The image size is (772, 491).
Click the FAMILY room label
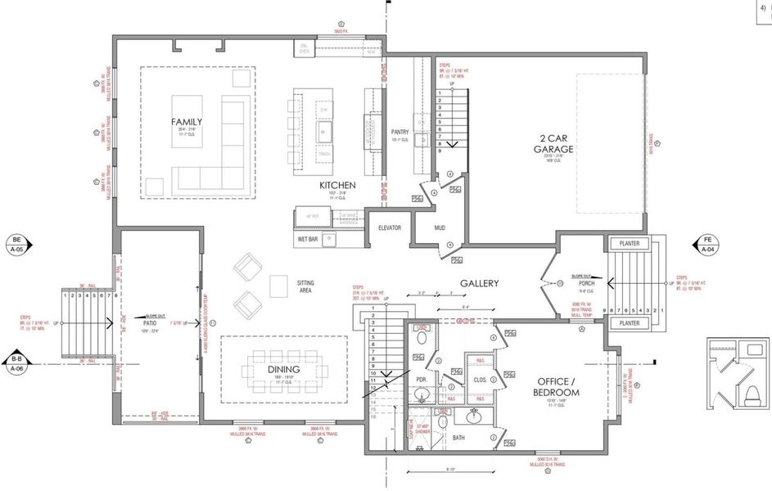(187, 122)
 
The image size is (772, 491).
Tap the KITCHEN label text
(337, 186)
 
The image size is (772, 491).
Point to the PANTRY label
(400, 132)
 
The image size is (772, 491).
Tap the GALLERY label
(478, 284)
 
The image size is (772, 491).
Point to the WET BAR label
(307, 240)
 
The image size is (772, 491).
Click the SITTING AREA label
(305, 286)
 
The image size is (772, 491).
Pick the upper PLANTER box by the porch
(629, 244)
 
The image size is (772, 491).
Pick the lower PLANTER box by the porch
(629, 323)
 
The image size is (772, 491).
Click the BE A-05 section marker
(16, 245)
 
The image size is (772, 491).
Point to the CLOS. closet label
(480, 380)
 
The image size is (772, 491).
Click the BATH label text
(458, 438)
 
